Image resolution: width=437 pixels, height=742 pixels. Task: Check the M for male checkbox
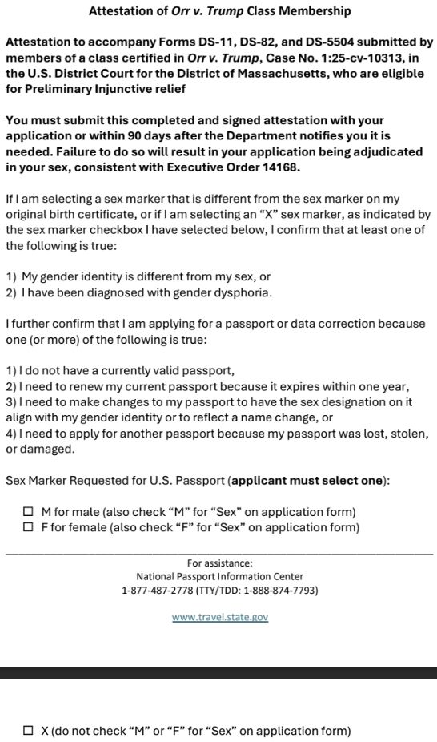point(29,512)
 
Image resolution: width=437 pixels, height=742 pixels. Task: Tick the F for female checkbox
point(29,527)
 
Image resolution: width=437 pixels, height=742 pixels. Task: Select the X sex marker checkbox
point(29,731)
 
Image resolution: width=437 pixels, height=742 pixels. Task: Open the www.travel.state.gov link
point(220,617)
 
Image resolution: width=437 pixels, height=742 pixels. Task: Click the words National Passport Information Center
point(220,576)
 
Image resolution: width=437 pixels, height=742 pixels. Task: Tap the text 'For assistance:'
point(220,563)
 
